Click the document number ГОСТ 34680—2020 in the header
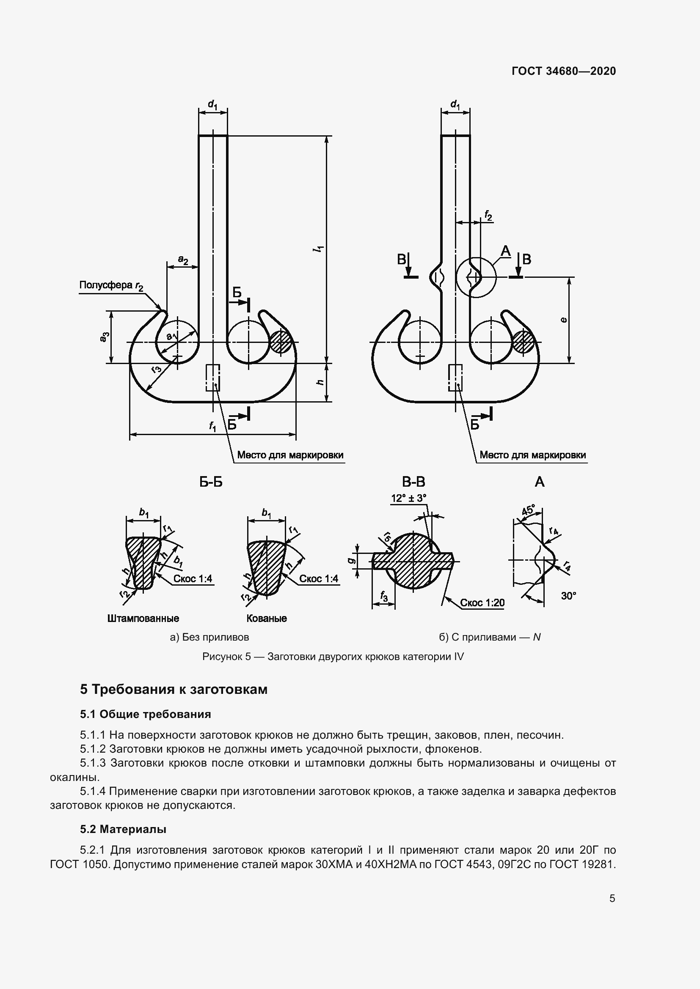coord(563,71)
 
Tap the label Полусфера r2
coord(111,285)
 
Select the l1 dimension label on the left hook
coord(320,249)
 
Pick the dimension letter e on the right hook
coord(563,320)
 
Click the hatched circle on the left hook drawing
coord(281,342)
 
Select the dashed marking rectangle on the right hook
coord(456,377)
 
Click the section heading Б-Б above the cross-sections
coord(211,482)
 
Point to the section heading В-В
coord(413,482)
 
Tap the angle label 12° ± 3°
coord(409,499)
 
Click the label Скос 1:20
coord(482,603)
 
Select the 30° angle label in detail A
coord(568,596)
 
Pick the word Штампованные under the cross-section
coord(143,619)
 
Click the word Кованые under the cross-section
coord(266,619)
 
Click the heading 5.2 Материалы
coord(123,829)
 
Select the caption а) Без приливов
coord(209,637)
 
